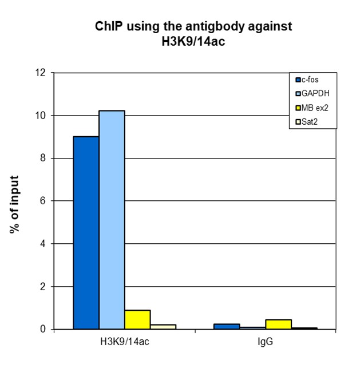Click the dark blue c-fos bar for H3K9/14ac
[x=86, y=232]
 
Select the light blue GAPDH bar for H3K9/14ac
[x=112, y=220]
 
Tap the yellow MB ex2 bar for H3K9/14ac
[x=137, y=319]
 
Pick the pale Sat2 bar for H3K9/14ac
[x=163, y=327]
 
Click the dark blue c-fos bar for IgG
[x=227, y=326]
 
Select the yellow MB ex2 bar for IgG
[x=279, y=324]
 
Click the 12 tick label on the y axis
[x=39, y=73]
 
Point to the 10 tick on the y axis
[x=39, y=116]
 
